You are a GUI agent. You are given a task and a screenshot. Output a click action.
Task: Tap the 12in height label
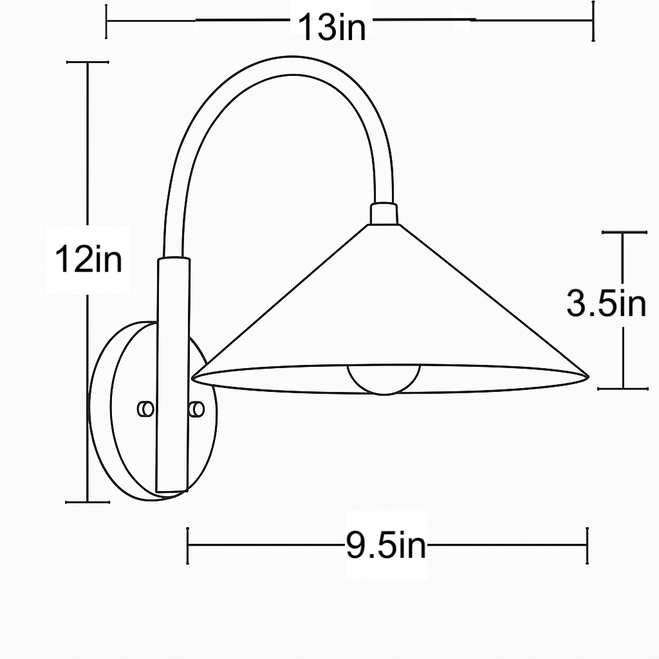(88, 260)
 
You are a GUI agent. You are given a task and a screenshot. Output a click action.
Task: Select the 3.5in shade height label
(606, 303)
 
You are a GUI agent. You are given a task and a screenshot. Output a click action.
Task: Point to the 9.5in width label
(386, 546)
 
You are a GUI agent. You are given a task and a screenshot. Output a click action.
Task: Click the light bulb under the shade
(384, 379)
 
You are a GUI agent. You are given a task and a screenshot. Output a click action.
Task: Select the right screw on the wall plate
(197, 409)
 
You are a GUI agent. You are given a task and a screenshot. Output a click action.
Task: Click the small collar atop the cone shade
(384, 214)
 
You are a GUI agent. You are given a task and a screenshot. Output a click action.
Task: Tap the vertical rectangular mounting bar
(173, 373)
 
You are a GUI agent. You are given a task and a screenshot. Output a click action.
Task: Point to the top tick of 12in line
(88, 62)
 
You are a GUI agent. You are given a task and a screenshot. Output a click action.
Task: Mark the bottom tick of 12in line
(88, 501)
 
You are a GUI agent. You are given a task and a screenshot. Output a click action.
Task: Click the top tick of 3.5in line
(622, 232)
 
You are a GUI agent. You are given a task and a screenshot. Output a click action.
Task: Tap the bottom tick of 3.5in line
(622, 389)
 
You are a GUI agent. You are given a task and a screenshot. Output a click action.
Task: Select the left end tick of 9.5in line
(187, 546)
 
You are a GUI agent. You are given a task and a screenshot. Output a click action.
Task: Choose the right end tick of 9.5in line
(587, 546)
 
